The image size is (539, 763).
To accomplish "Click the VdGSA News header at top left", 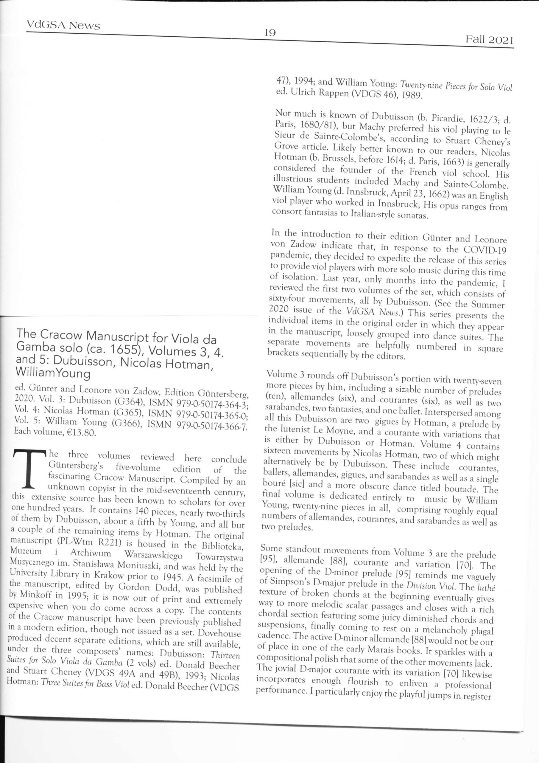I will point(63,25).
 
